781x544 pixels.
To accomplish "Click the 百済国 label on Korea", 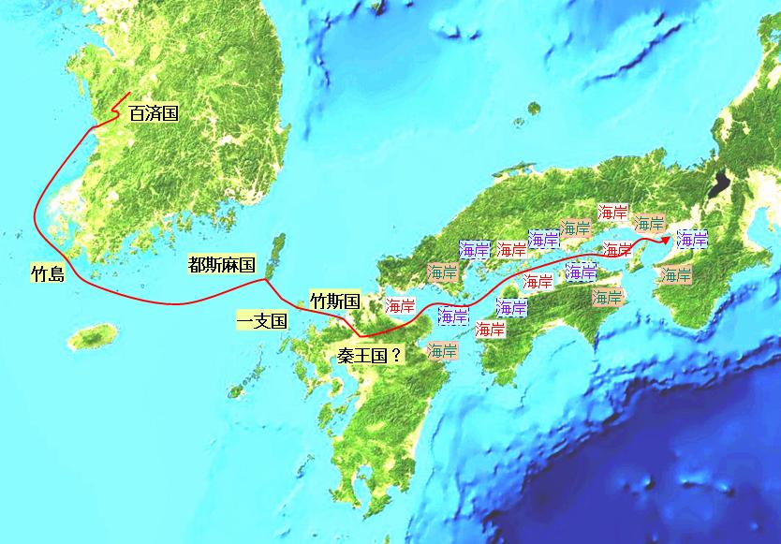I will point(154,114).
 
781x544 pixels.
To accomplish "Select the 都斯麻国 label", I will point(221,266).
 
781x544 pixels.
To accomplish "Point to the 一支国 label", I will point(261,321).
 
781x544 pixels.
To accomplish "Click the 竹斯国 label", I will point(335,301).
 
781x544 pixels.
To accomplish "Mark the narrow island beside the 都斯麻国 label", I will point(274,256).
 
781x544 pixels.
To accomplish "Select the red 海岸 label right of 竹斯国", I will point(400,305).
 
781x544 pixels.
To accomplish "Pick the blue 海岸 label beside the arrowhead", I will point(692,239).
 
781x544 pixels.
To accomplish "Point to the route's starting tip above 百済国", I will point(128,93).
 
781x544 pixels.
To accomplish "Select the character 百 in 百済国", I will point(137,114).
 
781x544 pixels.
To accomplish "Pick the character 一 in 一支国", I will point(244,321).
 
